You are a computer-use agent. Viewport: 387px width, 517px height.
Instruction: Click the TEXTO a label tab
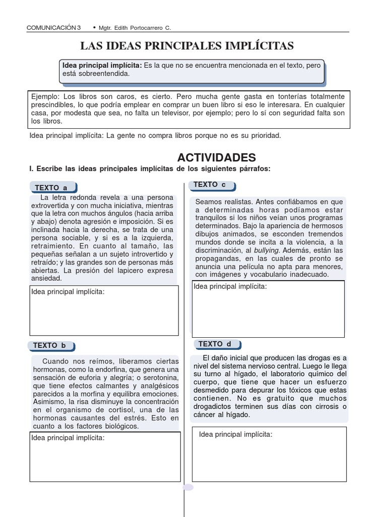[x=51, y=188]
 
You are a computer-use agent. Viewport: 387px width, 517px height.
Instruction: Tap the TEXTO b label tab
[x=50, y=346]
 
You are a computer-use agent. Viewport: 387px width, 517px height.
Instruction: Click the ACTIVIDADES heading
[x=217, y=158]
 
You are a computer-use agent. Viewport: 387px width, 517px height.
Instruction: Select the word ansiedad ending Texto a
[x=46, y=278]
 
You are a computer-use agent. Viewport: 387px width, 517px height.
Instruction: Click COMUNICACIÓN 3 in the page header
[x=53, y=27]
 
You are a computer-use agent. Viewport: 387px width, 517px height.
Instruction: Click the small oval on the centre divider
[x=188, y=487]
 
